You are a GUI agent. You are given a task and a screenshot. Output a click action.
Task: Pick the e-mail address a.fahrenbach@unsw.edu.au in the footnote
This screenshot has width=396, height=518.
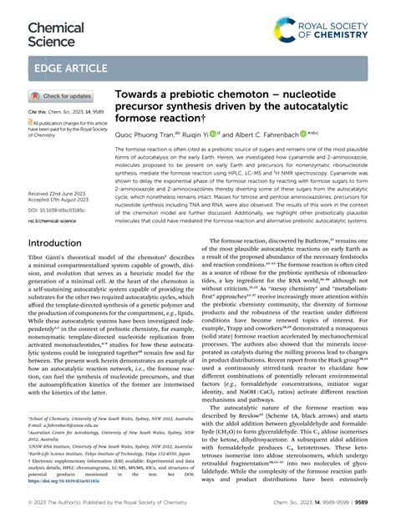coord(71,424)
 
